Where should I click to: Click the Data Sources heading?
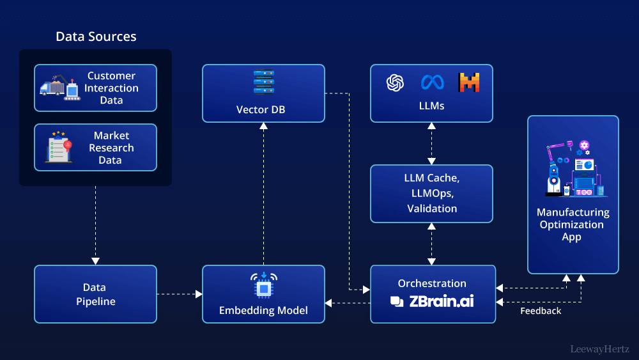96,36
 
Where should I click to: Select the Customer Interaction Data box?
95,88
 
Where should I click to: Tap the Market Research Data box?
95,148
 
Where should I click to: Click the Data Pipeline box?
95,294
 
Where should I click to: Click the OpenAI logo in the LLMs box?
396,82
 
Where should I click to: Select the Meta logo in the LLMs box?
432,82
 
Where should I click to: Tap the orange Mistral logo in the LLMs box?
468,82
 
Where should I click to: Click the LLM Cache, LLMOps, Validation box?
432,194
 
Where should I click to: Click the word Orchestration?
432,283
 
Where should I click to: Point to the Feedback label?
541,311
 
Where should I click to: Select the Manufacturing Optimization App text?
573,224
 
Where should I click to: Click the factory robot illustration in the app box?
573,168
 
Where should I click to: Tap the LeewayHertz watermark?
599,349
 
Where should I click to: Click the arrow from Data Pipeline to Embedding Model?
179,294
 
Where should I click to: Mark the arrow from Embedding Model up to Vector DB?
263,192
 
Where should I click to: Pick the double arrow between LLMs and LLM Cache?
432,143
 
